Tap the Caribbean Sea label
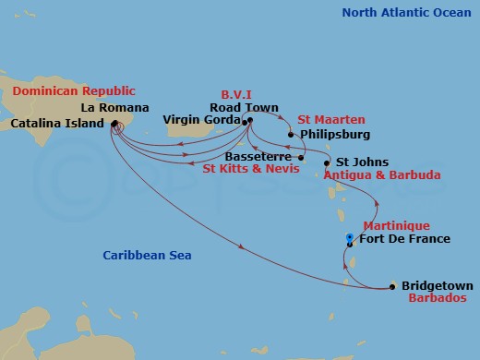coord(147,255)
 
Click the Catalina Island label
coord(57,122)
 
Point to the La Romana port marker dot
coord(114,123)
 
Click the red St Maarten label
coord(330,120)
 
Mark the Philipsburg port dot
coord(291,135)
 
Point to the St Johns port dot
coord(326,163)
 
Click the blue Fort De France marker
coord(349,239)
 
